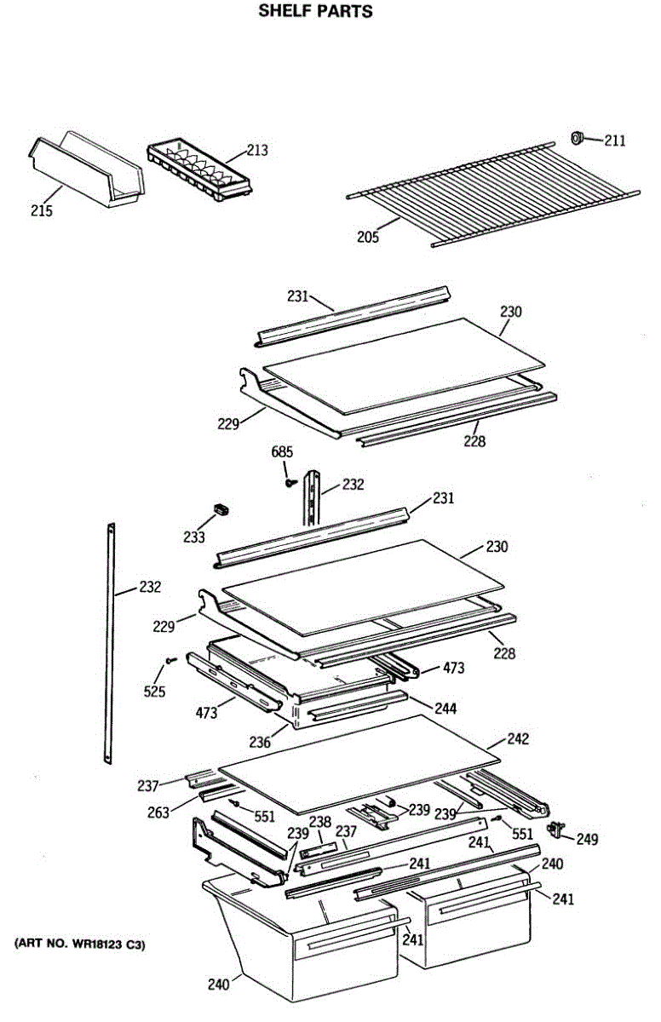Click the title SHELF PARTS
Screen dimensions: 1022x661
[316, 12]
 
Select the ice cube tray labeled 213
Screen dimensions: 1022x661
[200, 171]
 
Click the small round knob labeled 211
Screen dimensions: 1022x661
[578, 137]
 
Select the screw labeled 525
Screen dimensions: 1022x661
[171, 658]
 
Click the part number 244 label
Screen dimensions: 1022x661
[445, 708]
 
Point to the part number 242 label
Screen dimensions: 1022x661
[517, 738]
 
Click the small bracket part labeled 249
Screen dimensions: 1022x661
[558, 828]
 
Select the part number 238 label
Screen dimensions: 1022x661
[319, 824]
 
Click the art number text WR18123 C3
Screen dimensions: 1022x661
[80, 944]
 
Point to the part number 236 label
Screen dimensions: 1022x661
[259, 743]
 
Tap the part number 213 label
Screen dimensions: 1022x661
[257, 151]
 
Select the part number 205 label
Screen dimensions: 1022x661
[368, 236]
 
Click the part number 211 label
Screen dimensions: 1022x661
[615, 141]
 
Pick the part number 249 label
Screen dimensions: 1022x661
[587, 840]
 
